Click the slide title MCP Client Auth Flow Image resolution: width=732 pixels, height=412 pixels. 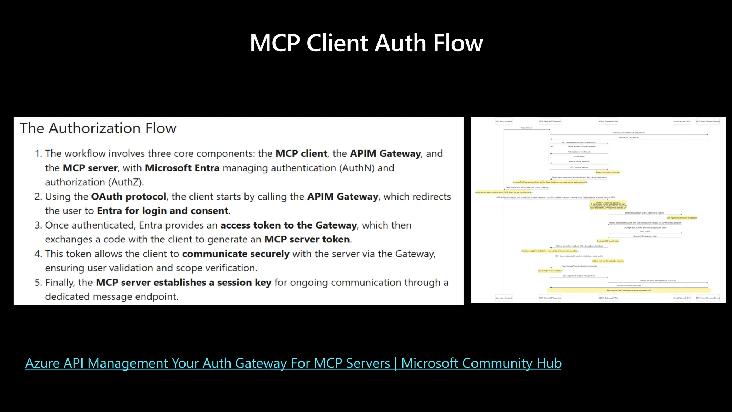coord(366,43)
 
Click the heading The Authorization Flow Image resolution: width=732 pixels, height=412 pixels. coord(98,128)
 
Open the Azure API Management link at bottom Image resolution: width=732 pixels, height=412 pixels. coord(293,363)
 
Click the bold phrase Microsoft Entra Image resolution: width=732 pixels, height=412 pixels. coord(182,168)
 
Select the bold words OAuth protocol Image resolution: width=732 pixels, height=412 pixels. coord(129,197)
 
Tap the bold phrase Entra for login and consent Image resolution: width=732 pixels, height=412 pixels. coord(163,211)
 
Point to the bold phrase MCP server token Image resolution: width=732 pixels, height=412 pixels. coord(307,240)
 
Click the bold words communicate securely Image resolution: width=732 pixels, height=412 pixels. coord(236,254)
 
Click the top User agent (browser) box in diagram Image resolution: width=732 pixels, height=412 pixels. coord(504,121)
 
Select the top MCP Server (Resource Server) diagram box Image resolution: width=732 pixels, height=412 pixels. coord(708,121)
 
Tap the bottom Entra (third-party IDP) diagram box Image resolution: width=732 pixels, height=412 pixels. coord(682,298)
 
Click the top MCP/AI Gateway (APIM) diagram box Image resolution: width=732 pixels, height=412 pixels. coord(608,121)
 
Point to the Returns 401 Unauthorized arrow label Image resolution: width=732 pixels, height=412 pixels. coord(629,137)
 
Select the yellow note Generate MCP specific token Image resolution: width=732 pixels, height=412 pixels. coord(608,241)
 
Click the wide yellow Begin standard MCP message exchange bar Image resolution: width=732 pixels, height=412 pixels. coord(629,290)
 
